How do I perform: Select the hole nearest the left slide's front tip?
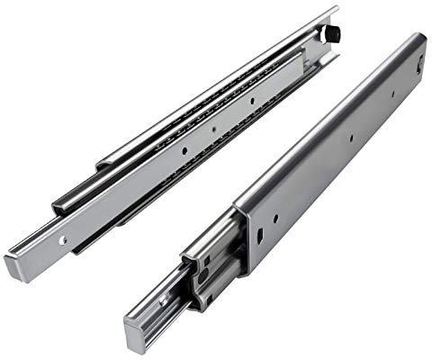(x=62, y=241)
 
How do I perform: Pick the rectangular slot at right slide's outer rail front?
(x=258, y=237)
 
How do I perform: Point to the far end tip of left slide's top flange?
(x=336, y=12)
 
